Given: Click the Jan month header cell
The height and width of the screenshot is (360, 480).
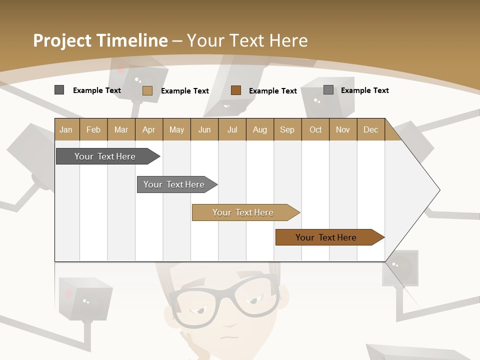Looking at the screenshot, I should pos(66,129).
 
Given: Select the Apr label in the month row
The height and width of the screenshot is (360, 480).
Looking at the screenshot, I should pos(148,129).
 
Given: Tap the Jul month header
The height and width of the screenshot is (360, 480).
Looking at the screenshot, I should pos(232,129).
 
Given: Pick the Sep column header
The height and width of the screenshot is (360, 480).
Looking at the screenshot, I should pos(287,129).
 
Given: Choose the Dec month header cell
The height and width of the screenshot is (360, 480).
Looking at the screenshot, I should pos(370,129).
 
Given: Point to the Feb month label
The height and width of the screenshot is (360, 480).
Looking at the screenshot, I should pos(93,129).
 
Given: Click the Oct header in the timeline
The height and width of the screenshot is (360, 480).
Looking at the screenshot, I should pos(315,129).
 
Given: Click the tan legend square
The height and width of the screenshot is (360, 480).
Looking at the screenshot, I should pos(147,90).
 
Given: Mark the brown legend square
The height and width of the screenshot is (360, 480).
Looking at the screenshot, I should pos(236,90).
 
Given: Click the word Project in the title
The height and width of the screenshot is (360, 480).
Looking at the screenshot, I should pos(62,40).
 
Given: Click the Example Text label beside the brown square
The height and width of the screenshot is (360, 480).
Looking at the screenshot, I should pos(273,90).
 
